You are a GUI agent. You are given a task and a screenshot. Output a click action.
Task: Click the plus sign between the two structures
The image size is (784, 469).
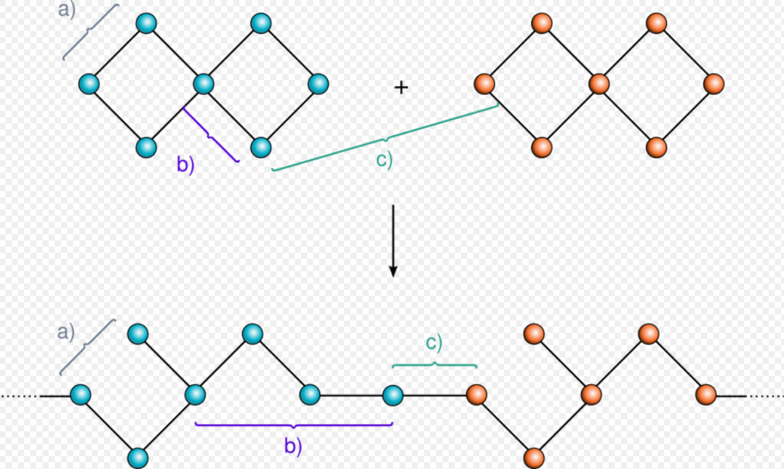pos(401,88)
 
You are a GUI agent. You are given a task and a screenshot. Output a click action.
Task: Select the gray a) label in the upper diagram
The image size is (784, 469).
pos(66,10)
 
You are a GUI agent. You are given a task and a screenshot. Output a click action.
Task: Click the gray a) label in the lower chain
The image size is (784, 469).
pos(66,332)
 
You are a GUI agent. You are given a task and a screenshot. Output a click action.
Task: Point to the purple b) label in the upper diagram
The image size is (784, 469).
pos(185,165)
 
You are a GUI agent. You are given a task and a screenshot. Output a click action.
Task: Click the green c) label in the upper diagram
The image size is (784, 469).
pos(384,160)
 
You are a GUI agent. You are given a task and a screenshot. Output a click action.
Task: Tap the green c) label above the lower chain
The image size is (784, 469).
pos(434,343)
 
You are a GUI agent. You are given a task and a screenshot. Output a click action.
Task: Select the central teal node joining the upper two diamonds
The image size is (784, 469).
pos(204,84)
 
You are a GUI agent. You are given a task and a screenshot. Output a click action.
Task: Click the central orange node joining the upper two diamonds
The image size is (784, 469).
pos(599,84)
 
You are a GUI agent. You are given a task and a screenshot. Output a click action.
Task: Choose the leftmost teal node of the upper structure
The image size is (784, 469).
pos(89,84)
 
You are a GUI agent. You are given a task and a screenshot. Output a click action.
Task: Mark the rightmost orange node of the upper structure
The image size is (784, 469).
pos(714,84)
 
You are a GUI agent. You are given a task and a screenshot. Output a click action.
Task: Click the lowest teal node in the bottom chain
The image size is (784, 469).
pos(138,458)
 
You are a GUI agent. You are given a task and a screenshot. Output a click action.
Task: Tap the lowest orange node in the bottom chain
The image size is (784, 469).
pos(534,458)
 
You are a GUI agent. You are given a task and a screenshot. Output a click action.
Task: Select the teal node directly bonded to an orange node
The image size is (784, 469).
pos(393,395)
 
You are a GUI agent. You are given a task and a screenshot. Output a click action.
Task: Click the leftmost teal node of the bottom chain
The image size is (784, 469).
pos(81,394)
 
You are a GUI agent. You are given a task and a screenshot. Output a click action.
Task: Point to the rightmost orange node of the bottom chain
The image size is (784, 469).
pos(706,394)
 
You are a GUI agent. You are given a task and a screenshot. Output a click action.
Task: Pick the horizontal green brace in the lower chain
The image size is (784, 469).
pos(434,365)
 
